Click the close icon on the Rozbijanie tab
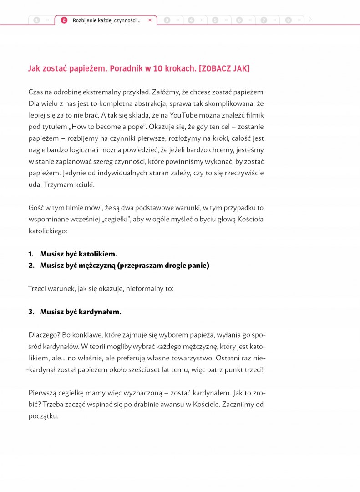click(x=150, y=20)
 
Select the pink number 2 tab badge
click(x=64, y=20)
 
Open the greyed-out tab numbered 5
click(x=215, y=20)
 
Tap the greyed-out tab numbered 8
click(x=288, y=20)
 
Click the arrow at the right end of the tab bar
click(x=310, y=20)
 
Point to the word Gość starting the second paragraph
click(x=36, y=208)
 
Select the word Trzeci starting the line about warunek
click(x=38, y=288)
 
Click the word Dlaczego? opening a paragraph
click(x=44, y=335)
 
